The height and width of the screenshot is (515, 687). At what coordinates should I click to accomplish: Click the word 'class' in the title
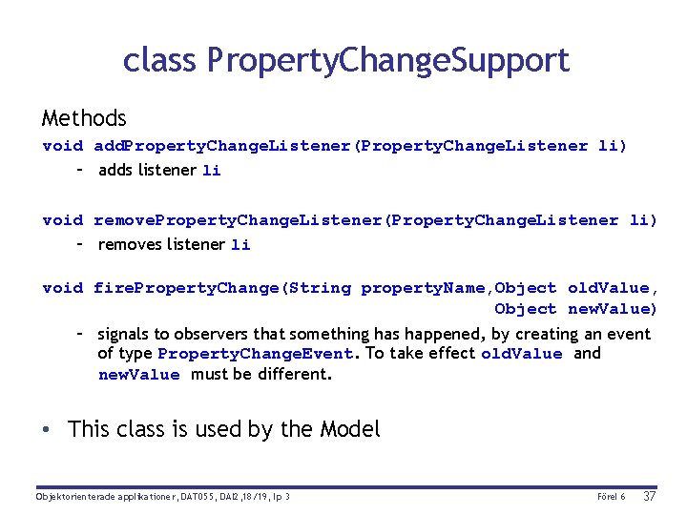(x=160, y=60)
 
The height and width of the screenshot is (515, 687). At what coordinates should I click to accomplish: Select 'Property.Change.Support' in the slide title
(x=388, y=61)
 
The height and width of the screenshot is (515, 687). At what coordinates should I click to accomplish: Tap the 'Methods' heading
(x=84, y=118)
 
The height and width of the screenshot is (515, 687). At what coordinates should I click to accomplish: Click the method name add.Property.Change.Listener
(x=223, y=146)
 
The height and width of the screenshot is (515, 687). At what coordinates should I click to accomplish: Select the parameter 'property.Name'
(x=423, y=288)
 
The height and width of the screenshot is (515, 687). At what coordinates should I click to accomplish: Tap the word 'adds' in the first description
(x=115, y=170)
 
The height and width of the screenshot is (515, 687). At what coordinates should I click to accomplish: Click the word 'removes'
(x=129, y=244)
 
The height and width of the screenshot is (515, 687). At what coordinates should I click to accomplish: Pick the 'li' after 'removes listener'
(x=240, y=245)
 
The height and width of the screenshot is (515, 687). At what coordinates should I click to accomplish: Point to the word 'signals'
(x=124, y=334)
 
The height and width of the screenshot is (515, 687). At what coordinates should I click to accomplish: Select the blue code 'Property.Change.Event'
(x=256, y=354)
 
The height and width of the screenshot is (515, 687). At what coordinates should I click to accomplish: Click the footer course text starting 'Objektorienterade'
(x=162, y=497)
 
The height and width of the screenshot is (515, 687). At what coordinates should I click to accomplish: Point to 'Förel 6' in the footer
(x=611, y=497)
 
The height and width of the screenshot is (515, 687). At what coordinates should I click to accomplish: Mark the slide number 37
(x=650, y=496)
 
